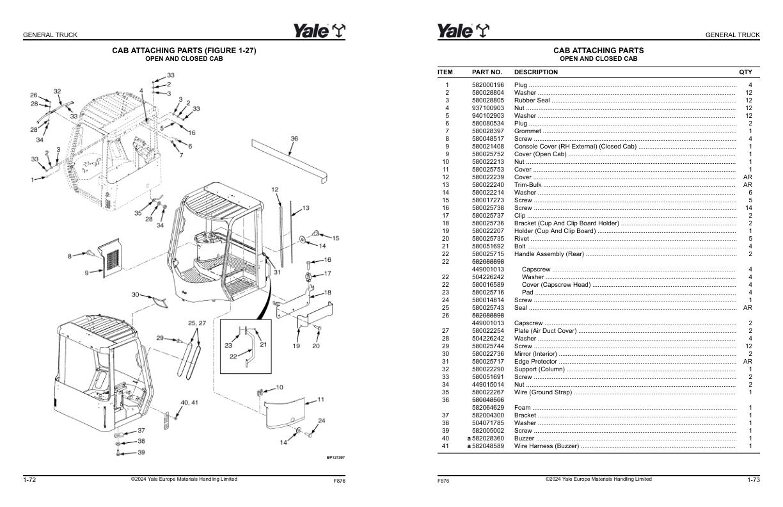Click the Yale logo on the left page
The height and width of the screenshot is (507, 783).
319,31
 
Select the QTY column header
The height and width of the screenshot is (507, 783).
745,72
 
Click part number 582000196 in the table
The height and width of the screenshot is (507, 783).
488,85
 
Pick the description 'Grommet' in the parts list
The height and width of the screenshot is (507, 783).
528,131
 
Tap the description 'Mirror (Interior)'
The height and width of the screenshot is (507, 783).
535,354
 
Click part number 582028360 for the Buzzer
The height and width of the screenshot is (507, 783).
488,439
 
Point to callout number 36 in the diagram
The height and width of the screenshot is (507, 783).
294,138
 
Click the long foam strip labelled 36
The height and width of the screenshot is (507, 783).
289,160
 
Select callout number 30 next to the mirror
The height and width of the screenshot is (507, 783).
135,294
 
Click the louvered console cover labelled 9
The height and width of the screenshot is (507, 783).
110,258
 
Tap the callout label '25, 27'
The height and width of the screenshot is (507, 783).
197,323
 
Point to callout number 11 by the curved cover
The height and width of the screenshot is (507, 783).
320,399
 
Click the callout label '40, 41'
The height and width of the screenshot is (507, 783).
189,403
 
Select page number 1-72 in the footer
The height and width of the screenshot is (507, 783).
29,479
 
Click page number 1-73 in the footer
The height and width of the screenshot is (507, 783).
754,479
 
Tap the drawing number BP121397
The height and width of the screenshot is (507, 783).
336,457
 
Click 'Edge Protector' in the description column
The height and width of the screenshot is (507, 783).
535,362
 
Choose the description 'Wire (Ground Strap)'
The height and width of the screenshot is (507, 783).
543,392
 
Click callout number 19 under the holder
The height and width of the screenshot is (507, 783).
296,346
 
